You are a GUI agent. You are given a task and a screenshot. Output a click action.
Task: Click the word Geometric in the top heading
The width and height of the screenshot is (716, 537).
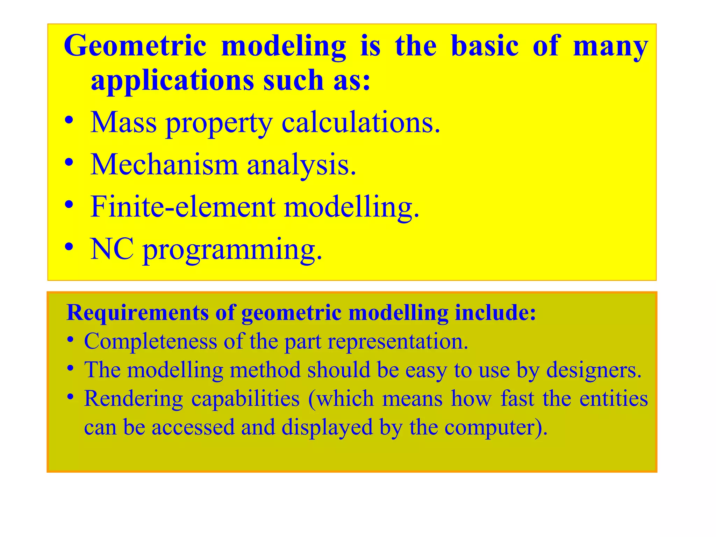coord(135,46)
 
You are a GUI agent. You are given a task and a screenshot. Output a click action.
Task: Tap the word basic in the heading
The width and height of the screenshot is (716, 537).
coord(485,46)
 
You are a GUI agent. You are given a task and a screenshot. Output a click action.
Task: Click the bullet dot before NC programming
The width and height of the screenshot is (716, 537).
coord(69,247)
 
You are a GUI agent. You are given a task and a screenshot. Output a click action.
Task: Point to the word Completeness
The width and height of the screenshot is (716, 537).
coord(150,341)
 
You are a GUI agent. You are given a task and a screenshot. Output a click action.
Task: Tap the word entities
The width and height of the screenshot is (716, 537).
coord(613,399)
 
